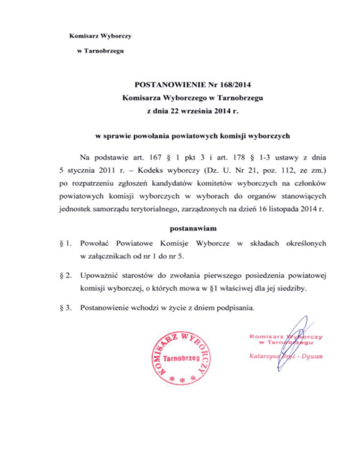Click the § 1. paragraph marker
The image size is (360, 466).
click(x=67, y=243)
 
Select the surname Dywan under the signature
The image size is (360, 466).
click(x=313, y=358)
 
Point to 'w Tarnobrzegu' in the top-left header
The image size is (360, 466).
click(x=97, y=51)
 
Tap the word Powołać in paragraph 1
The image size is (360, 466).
click(x=96, y=243)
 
